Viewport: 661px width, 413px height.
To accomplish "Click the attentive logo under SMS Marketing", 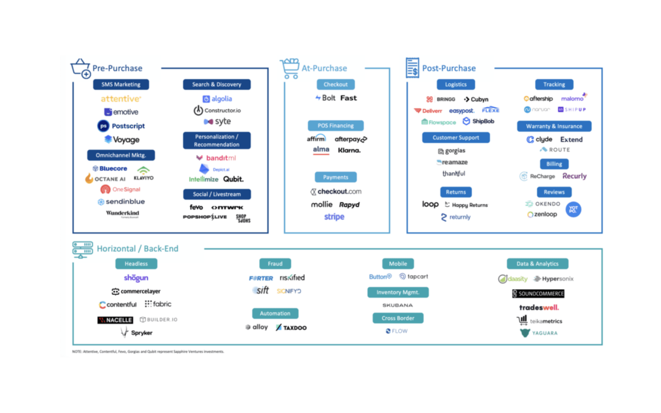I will [121, 99].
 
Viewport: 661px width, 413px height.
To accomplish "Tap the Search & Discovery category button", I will [217, 85].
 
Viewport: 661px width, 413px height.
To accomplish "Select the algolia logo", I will [217, 99].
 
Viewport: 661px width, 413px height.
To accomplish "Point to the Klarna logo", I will [349, 150].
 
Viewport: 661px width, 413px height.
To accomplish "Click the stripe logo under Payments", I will [334, 217].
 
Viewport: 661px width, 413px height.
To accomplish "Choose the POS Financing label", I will [336, 126].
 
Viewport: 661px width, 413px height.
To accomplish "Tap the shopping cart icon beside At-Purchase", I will [290, 68].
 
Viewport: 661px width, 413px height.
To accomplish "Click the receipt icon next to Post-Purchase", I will [412, 68].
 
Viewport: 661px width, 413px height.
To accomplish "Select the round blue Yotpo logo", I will [573, 209].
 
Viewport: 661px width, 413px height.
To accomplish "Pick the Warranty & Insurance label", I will [554, 126].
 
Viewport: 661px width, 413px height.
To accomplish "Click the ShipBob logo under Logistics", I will [479, 121].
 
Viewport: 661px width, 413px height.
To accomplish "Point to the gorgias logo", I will [452, 151].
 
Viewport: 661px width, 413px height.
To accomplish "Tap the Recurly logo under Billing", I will [574, 176].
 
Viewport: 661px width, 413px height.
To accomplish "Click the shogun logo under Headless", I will [136, 278].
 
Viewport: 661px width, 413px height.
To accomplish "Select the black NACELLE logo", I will [115, 320].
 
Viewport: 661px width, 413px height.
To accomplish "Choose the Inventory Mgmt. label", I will [398, 292].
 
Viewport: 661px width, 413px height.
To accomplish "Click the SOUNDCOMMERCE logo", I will [538, 294].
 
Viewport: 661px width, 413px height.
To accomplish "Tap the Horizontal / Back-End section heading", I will [137, 249].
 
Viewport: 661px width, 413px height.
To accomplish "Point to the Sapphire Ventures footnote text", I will [148, 352].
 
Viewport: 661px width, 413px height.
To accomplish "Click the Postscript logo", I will [121, 126].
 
